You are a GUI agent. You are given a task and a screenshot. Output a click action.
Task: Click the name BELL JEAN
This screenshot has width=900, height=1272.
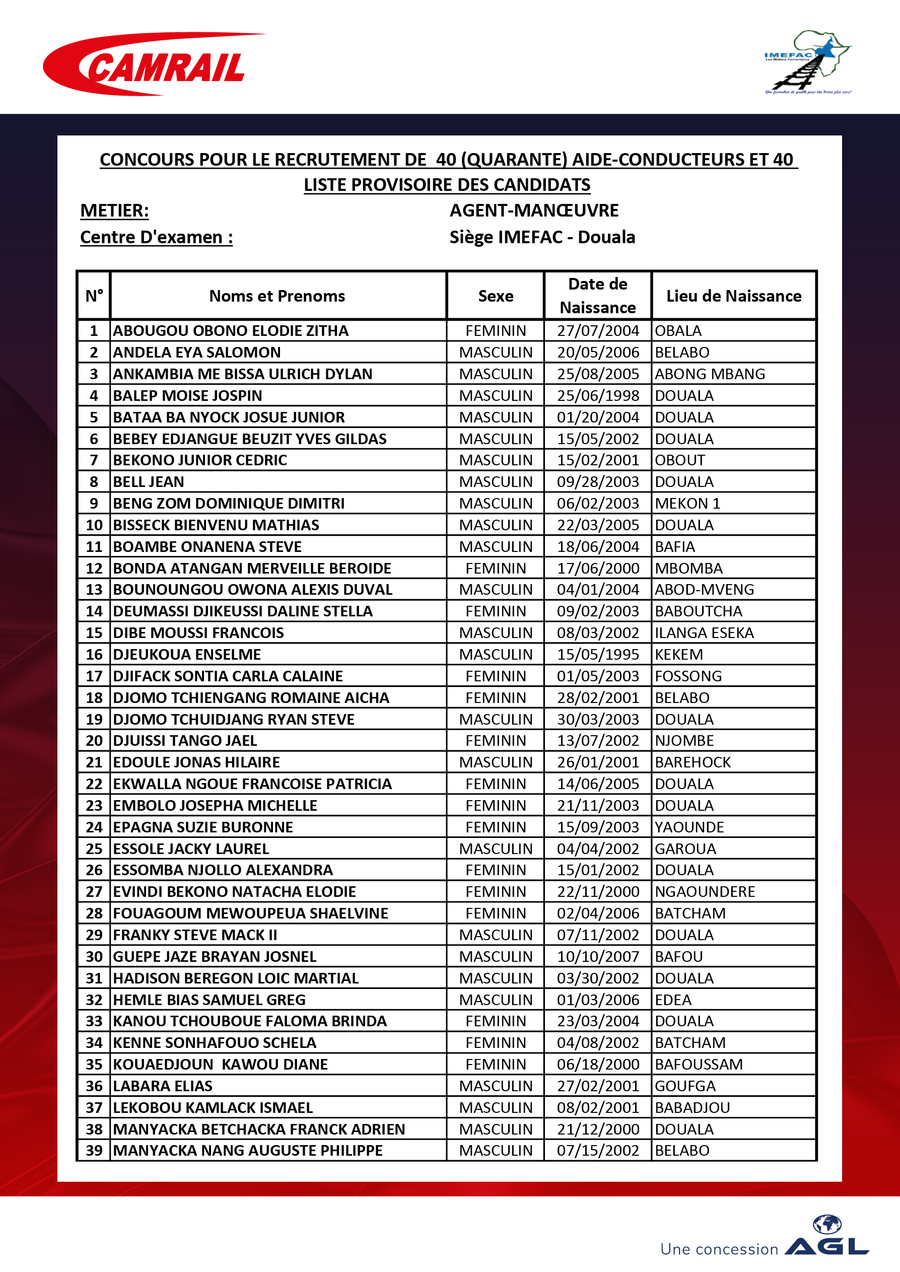149,481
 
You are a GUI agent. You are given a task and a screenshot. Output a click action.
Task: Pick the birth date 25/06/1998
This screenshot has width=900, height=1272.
597,396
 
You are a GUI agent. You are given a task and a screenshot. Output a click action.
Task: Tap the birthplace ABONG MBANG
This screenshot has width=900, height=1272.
709,374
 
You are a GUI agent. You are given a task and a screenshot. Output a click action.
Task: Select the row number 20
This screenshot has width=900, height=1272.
94,740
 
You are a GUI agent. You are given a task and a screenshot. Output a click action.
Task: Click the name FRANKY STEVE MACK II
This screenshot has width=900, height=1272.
195,935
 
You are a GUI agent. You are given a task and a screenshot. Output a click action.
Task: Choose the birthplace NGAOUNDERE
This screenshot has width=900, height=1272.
705,891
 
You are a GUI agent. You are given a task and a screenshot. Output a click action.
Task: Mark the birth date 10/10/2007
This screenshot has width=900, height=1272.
597,956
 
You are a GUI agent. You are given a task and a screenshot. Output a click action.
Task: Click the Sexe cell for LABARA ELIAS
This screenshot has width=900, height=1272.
496,1086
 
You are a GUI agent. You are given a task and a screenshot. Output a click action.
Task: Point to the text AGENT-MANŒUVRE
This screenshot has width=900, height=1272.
534,210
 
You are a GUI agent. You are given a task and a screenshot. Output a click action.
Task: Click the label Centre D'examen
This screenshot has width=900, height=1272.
156,237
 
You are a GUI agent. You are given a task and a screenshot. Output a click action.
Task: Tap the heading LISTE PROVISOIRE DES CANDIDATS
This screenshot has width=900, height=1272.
447,184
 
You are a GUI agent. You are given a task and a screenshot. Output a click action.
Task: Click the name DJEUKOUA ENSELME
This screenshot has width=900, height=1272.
187,654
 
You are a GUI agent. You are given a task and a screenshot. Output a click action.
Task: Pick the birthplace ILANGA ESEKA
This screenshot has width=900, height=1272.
704,632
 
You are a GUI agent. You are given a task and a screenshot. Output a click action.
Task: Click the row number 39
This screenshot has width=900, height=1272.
94,1150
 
